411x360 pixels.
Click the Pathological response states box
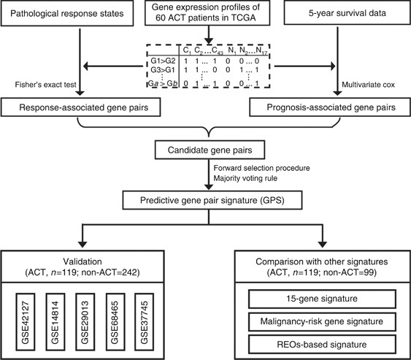tap(65, 14)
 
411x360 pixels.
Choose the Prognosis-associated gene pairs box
tap(334, 109)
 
